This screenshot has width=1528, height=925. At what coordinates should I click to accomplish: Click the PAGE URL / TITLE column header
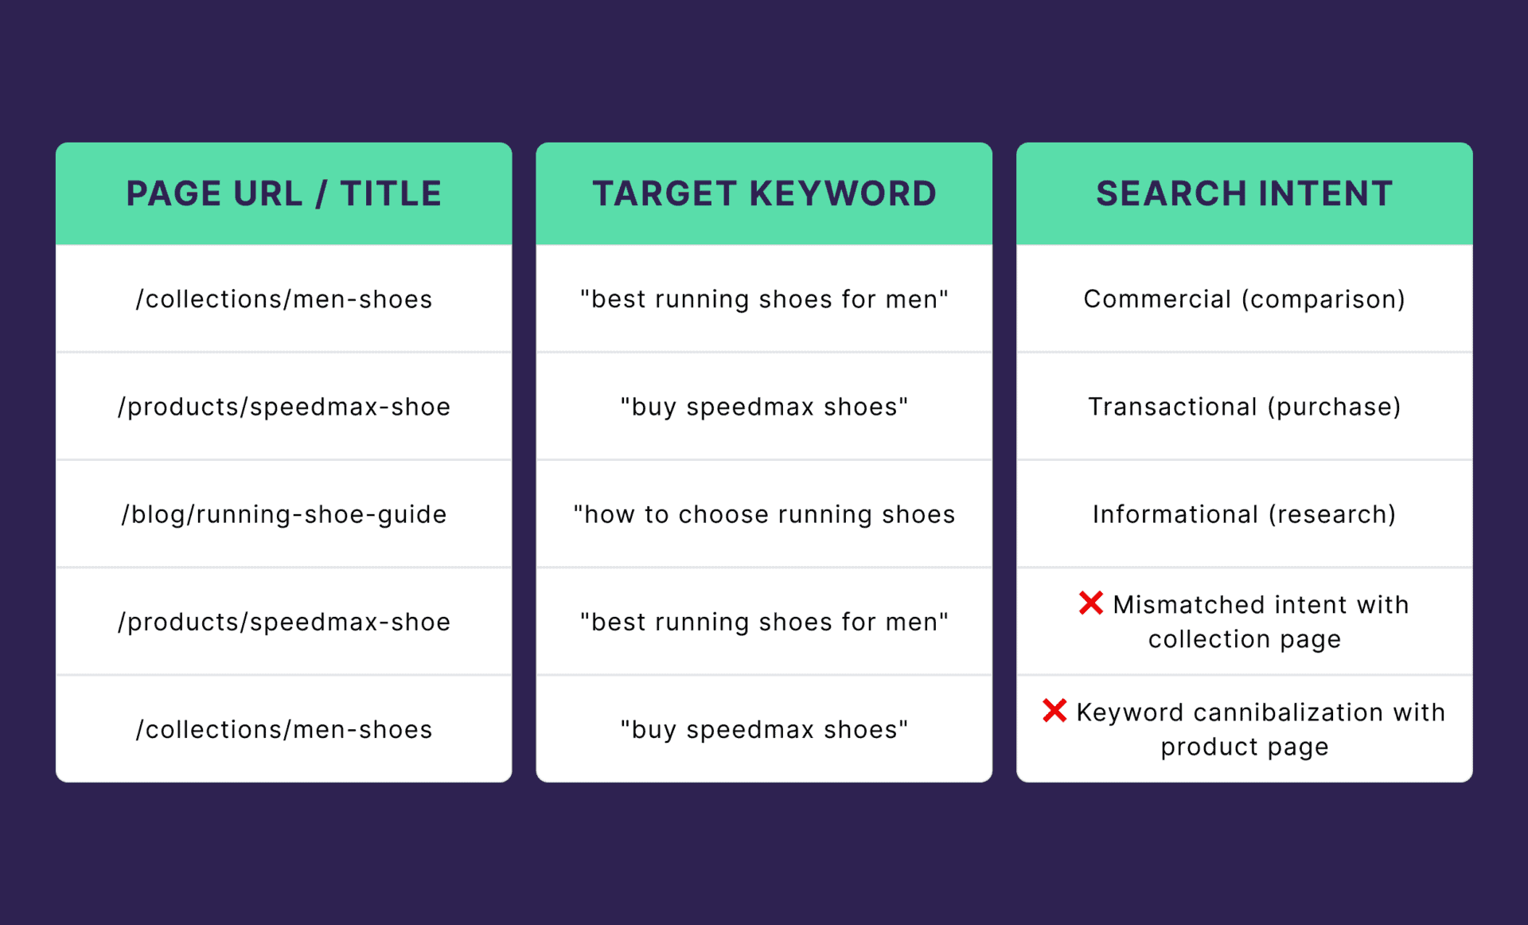[x=283, y=193]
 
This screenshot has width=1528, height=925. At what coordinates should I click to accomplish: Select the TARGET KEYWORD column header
[x=764, y=193]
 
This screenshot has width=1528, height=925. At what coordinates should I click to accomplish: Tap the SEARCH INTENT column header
[x=1244, y=193]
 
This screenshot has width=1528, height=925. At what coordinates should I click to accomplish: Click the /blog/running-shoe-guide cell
[x=283, y=514]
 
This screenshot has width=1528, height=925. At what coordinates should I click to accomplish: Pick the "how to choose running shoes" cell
[x=764, y=514]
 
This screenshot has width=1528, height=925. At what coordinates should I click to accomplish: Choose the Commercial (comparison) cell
[x=1244, y=299]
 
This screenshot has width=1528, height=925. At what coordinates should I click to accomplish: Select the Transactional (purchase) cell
[x=1244, y=407]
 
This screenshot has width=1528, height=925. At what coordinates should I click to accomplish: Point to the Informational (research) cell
[x=1244, y=514]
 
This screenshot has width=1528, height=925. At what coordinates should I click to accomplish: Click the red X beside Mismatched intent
[x=1091, y=603]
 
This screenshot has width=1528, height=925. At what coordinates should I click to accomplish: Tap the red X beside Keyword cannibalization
[x=1054, y=710]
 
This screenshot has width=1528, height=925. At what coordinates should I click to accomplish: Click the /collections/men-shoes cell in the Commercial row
[x=283, y=299]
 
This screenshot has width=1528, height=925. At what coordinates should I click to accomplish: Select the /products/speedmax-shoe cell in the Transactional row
[x=283, y=407]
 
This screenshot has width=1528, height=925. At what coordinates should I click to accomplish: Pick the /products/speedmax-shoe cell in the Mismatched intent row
[x=283, y=622]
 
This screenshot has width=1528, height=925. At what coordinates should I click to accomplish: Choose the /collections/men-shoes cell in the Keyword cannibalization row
[x=283, y=729]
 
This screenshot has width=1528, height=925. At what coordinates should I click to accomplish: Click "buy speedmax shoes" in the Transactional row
[x=764, y=407]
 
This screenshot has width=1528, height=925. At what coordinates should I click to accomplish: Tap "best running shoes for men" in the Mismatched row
[x=764, y=622]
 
